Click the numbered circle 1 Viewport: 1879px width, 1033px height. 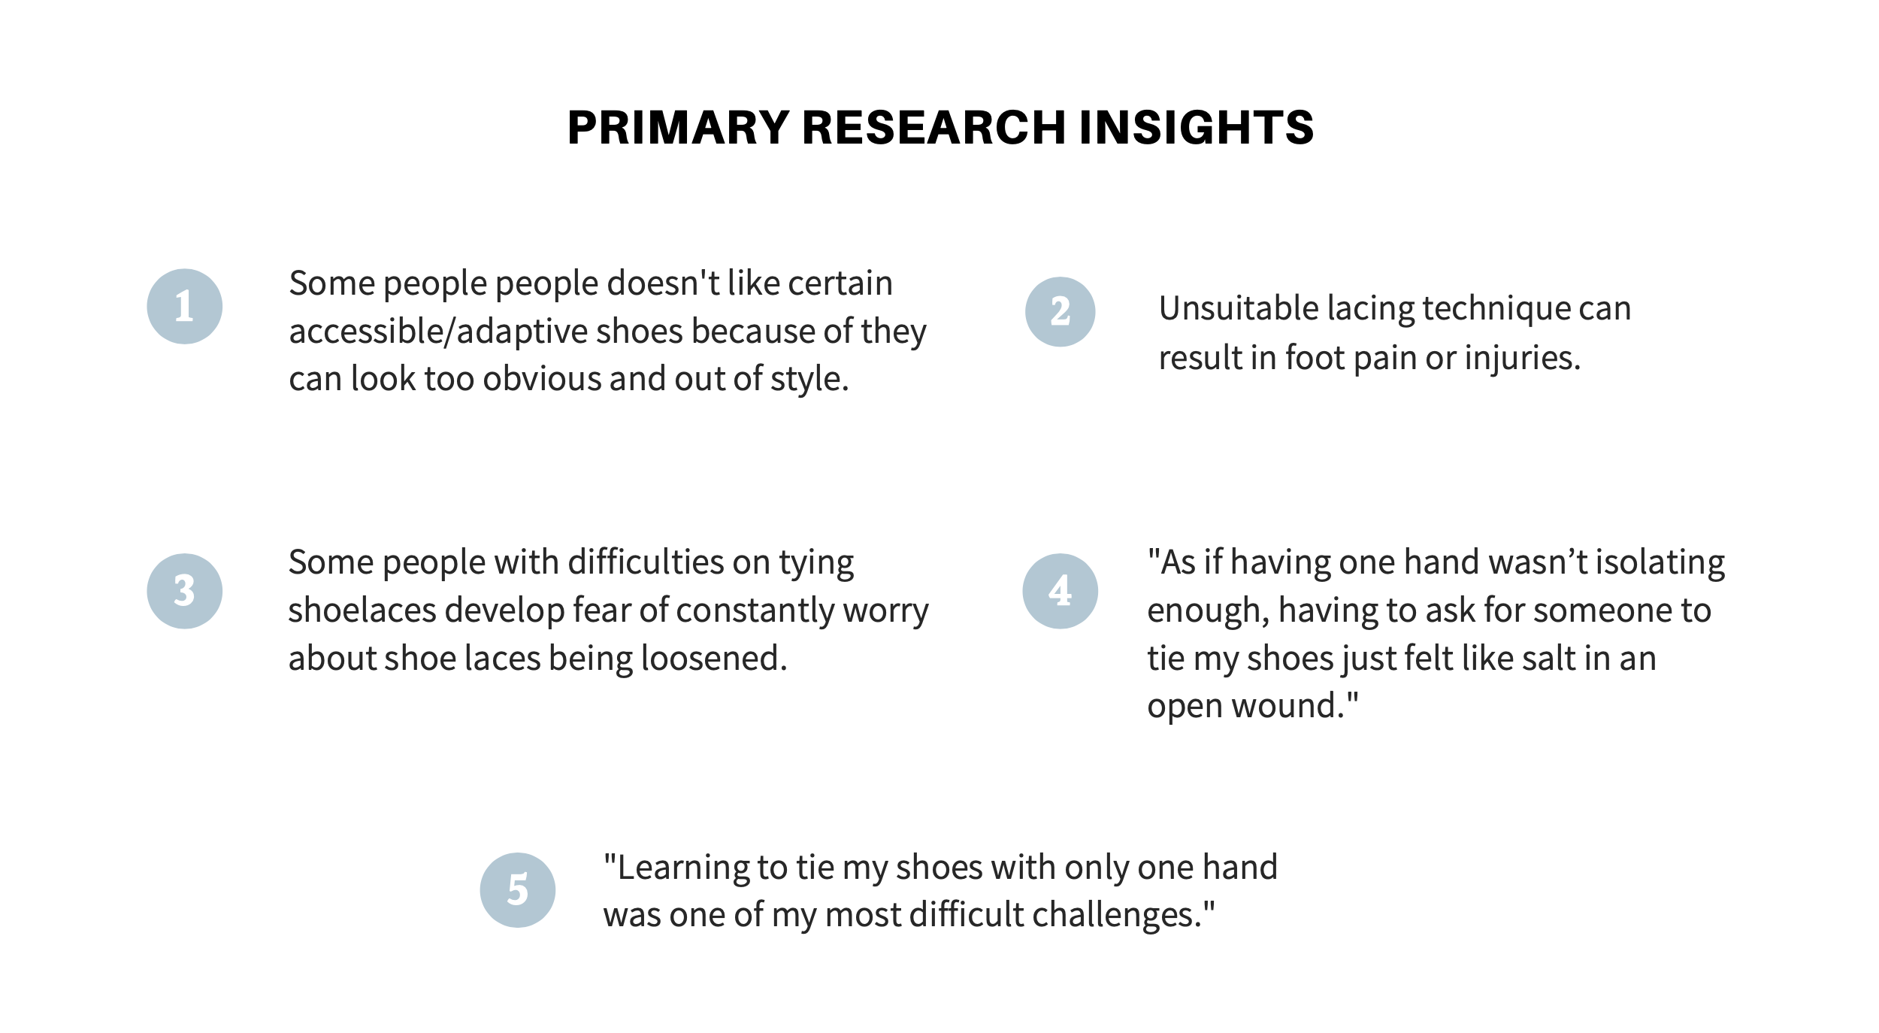coord(184,307)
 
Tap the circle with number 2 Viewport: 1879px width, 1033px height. coord(1060,312)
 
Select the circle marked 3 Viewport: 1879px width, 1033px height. coord(184,591)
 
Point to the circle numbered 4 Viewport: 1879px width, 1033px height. coord(1060,591)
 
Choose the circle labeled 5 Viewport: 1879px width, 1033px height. coord(517,890)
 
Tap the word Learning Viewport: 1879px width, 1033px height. coord(682,868)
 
